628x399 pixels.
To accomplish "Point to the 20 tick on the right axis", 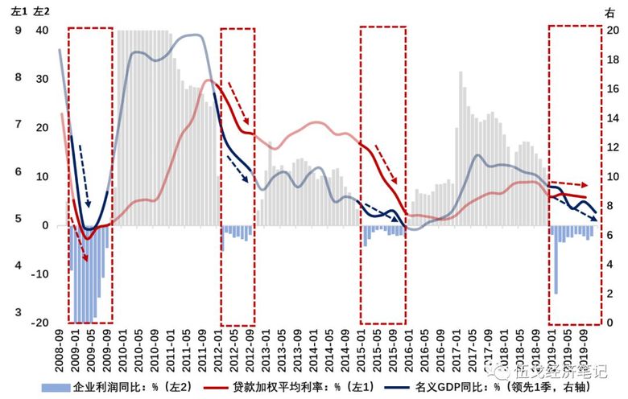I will tap(612, 31).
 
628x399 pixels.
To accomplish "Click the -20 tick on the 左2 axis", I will tap(39, 323).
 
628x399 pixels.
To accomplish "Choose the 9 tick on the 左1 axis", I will tap(18, 31).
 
